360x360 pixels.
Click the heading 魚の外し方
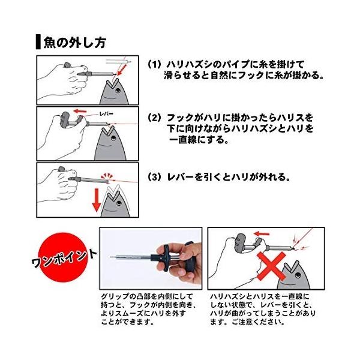pos(75,43)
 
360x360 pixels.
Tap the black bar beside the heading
pos(38,42)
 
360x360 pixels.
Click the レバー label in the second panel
pos(106,113)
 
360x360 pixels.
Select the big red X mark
pos(271,266)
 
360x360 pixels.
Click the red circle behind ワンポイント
pos(62,257)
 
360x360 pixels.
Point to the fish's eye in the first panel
pos(118,91)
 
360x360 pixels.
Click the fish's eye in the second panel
pos(113,138)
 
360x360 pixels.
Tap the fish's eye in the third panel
pos(119,203)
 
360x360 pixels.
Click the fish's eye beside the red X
pos(298,275)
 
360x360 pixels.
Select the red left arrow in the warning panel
pos(262,234)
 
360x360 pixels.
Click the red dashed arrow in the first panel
pos(122,70)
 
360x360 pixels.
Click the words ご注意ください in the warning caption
pos(258,322)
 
